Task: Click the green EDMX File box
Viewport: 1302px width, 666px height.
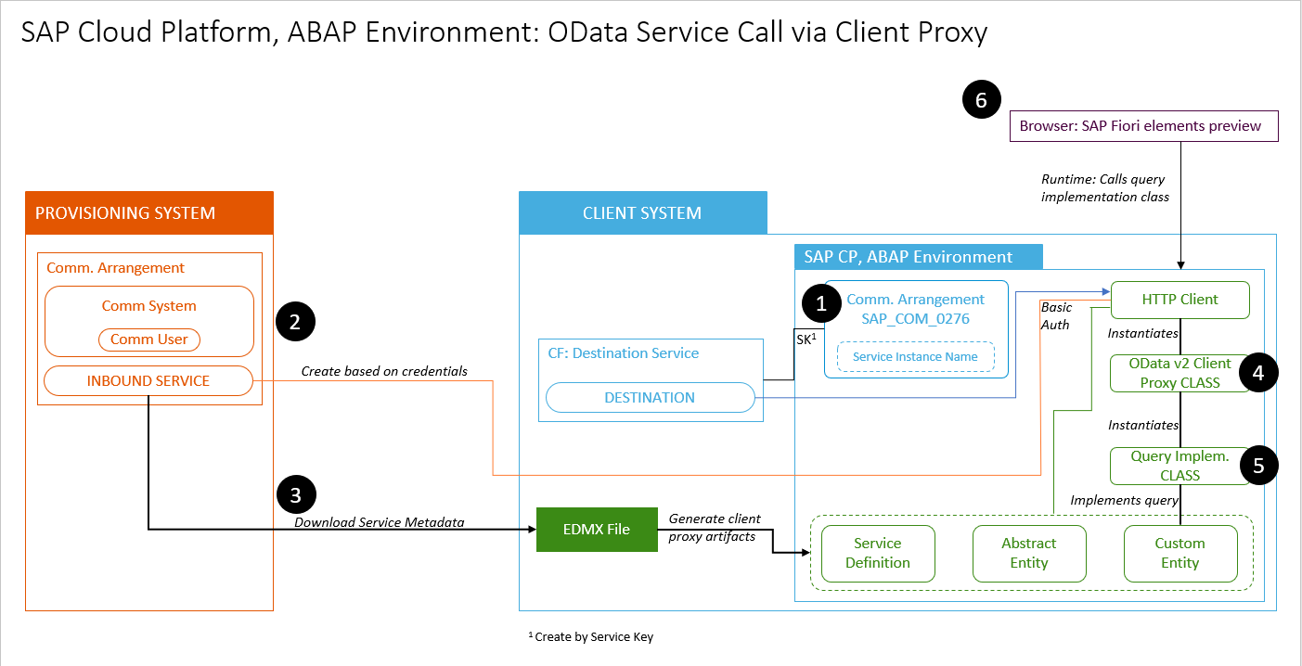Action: [597, 530]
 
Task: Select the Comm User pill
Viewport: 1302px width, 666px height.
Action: [149, 339]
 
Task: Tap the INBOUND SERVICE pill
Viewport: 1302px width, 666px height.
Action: [148, 380]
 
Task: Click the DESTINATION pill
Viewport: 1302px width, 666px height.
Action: [650, 397]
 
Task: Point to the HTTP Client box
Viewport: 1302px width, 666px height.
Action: [1180, 300]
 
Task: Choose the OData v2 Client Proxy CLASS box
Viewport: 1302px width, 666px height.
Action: [1180, 373]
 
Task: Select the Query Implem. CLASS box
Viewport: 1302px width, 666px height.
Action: [1180, 466]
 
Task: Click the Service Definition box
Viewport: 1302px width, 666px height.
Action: [878, 553]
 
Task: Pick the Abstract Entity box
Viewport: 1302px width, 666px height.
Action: [1028, 553]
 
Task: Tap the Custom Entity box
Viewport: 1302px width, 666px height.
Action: [1180, 553]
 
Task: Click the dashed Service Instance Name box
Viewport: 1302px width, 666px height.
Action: [915, 356]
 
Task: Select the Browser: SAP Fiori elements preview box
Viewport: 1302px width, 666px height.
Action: [1143, 126]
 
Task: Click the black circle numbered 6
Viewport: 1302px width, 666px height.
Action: [982, 99]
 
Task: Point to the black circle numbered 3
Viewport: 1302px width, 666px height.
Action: [296, 494]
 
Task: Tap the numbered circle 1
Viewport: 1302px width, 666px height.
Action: [821, 303]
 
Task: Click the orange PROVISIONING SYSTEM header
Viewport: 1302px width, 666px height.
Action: [149, 213]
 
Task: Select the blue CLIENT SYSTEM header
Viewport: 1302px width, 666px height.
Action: [642, 213]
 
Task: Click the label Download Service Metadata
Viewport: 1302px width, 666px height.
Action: [380, 522]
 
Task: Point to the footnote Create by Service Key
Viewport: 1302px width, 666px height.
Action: [594, 637]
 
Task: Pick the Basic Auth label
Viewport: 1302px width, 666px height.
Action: [1055, 315]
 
